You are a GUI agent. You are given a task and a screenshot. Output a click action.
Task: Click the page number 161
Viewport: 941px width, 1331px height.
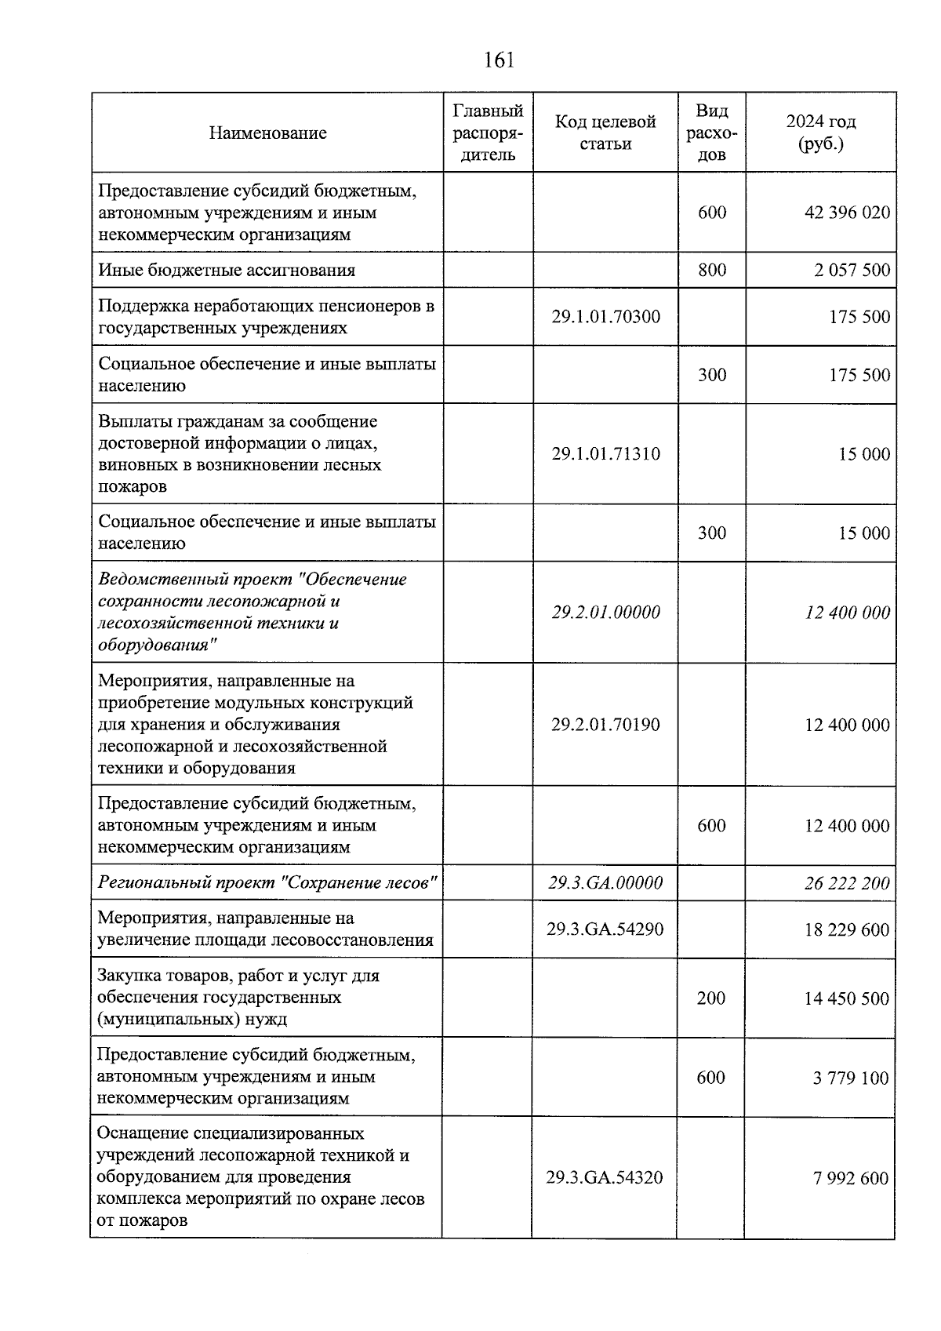coord(499,60)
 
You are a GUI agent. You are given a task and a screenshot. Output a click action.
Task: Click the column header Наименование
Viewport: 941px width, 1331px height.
coord(267,133)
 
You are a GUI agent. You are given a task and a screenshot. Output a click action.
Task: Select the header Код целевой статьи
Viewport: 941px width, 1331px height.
coord(605,133)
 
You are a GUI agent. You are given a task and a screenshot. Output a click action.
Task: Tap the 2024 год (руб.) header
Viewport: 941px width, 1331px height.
coord(820,133)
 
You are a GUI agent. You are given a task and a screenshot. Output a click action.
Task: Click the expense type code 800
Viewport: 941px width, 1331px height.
coord(712,270)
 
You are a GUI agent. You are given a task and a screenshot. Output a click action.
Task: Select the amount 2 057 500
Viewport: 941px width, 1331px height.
coord(852,270)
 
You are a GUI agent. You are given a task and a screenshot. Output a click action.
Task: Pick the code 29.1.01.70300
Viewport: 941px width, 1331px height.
coord(605,317)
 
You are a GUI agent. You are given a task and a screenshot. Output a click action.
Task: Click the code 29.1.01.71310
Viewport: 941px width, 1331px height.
coord(605,454)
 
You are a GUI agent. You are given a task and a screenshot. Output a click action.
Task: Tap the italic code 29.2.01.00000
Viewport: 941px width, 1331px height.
coord(605,613)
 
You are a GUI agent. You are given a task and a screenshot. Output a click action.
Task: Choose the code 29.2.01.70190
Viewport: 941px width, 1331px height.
coord(605,725)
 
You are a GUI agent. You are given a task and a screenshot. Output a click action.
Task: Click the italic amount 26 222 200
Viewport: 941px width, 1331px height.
coord(847,883)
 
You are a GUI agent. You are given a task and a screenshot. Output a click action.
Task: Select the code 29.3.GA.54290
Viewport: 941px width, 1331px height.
coord(605,929)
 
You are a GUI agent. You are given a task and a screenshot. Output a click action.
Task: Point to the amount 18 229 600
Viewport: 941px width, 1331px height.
coord(847,929)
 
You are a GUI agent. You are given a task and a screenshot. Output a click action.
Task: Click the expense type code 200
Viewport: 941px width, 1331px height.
coord(711,998)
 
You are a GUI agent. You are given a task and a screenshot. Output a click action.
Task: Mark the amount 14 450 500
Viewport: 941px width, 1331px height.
coord(847,998)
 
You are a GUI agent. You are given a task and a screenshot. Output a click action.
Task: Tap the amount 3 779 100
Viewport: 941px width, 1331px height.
coord(851,1078)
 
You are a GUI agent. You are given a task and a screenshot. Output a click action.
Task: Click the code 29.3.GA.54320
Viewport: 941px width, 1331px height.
coord(605,1178)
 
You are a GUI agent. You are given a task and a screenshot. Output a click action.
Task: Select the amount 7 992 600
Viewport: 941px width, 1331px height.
coord(851,1178)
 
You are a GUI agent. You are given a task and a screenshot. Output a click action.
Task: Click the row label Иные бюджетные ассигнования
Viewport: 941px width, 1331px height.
coord(227,271)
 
